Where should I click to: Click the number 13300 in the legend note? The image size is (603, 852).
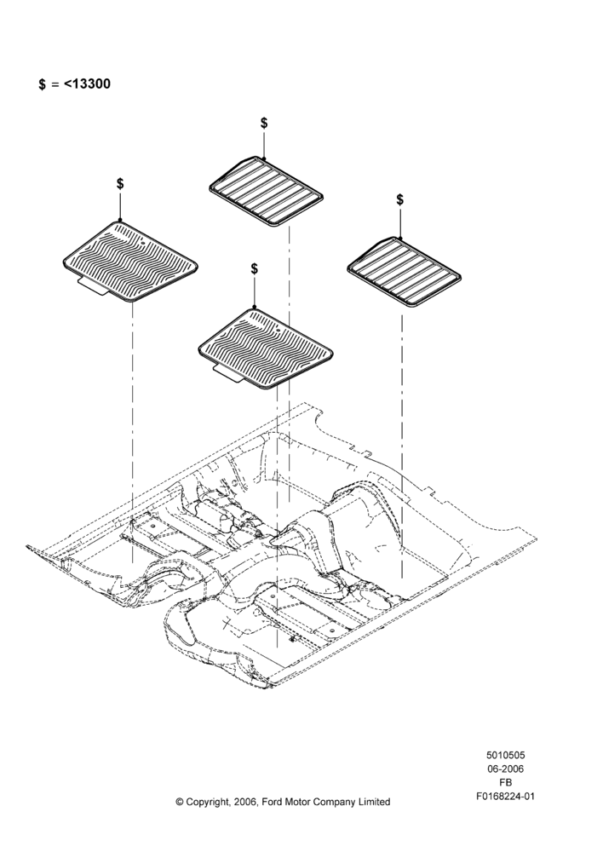(91, 83)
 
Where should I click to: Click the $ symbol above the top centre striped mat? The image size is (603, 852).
(264, 123)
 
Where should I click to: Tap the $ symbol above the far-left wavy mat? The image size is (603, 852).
(120, 184)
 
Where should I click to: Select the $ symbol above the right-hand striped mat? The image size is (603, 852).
(399, 199)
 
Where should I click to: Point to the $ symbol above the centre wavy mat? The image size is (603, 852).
(255, 268)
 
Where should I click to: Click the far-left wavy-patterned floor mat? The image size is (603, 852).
(129, 261)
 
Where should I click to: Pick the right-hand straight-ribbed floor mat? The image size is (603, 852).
(405, 272)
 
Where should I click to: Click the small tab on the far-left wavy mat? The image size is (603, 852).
(92, 285)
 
